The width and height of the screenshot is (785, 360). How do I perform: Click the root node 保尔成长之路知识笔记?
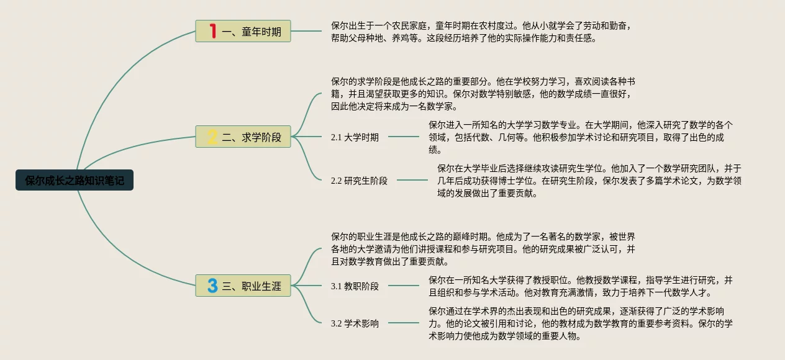pyautogui.click(x=75, y=181)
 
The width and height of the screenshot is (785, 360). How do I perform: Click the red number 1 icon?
pyautogui.click(x=212, y=31)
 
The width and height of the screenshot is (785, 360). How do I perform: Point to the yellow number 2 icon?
pyautogui.click(x=212, y=137)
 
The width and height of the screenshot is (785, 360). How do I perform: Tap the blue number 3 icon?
pyautogui.click(x=212, y=286)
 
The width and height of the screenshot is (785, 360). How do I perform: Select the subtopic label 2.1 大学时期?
pyautogui.click(x=355, y=137)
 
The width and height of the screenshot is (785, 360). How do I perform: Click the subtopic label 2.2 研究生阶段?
pyautogui.click(x=359, y=181)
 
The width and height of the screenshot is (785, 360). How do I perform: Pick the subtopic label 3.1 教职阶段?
pyautogui.click(x=355, y=286)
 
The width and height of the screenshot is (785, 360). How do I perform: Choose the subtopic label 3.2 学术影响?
pyautogui.click(x=355, y=323)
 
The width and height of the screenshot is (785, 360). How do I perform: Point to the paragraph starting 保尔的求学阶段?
pyautogui.click(x=483, y=94)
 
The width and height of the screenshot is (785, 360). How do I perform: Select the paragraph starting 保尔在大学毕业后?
pyautogui.click(x=589, y=181)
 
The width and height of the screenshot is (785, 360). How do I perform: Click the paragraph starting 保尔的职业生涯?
pyautogui.click(x=483, y=249)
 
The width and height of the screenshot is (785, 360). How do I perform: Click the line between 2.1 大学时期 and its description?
pyautogui.click(x=404, y=137)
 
